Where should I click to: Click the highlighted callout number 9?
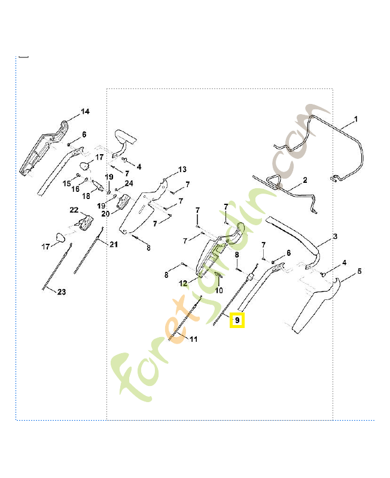(237, 321)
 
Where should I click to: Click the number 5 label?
(359, 271)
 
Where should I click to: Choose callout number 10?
(219, 290)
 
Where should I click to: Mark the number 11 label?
(193, 339)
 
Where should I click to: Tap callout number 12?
(184, 283)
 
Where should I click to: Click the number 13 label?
(182, 169)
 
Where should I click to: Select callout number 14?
(85, 112)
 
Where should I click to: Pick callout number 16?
(75, 189)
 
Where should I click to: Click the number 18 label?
(86, 196)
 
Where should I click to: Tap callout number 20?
(105, 213)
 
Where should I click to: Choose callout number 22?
(74, 210)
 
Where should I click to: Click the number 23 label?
(62, 292)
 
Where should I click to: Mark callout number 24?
(129, 183)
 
